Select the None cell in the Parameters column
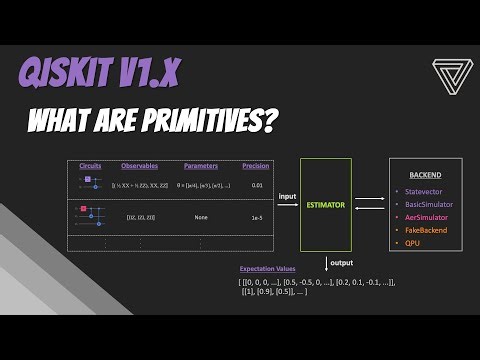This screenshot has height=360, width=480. [201, 215]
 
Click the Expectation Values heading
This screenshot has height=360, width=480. [268, 269]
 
